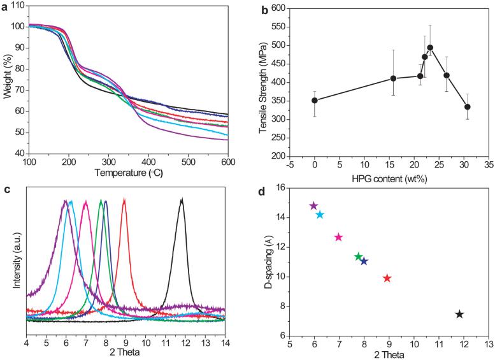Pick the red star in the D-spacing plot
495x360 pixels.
[x=387, y=278]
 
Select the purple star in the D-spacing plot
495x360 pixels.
[x=313, y=206]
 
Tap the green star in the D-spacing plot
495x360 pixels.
[x=359, y=256]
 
